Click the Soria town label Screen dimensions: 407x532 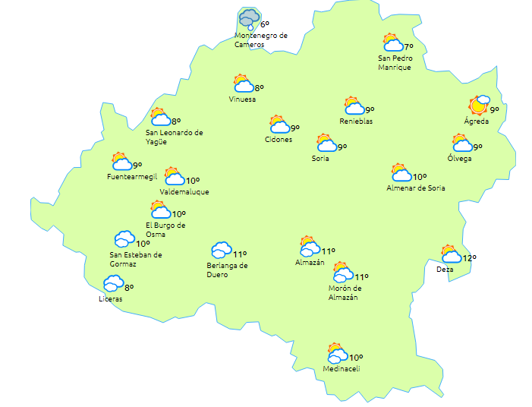point(320,159)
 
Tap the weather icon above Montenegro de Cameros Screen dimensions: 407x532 point(249,18)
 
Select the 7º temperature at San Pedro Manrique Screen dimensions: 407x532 point(409,47)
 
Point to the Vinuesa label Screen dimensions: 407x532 point(242,99)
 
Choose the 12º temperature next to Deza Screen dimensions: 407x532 point(470,259)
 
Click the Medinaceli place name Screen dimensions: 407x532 point(341,369)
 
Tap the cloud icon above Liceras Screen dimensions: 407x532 point(114,283)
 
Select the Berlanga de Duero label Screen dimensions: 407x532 point(228,270)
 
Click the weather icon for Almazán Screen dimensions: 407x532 point(309,246)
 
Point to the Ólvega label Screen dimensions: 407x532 point(459,158)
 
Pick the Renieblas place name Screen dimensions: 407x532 point(356,121)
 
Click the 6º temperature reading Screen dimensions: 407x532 point(264,24)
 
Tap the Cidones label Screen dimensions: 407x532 point(279,139)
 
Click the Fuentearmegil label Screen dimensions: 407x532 point(132,177)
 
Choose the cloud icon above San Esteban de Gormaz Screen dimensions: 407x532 point(124,240)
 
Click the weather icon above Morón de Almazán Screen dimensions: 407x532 point(343,273)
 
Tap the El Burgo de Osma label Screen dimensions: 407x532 point(165,229)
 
